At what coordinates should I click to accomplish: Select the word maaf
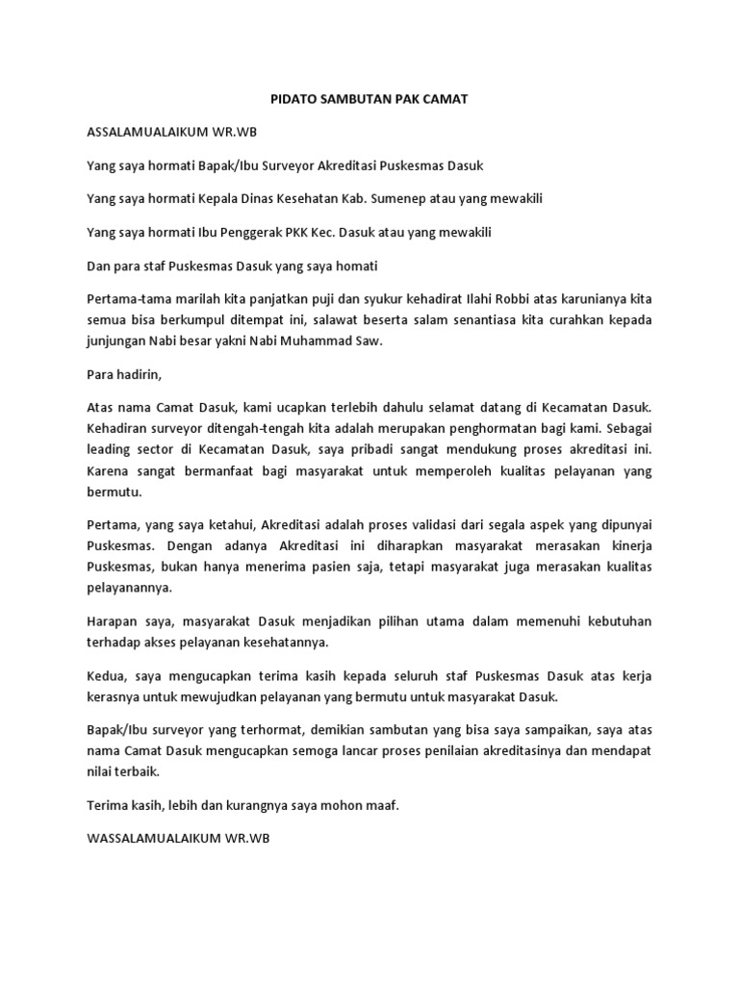pyautogui.click(x=381, y=805)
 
